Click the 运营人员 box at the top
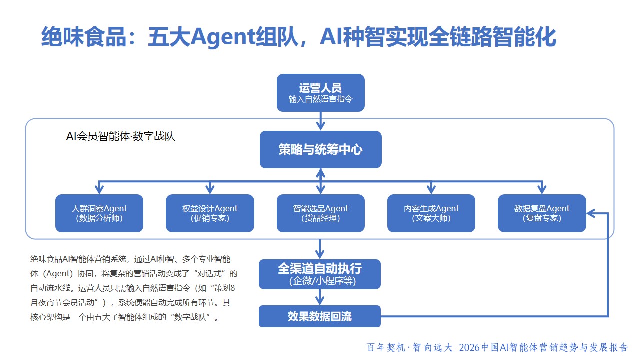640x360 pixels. (x=320, y=92)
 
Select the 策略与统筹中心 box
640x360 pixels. (x=320, y=149)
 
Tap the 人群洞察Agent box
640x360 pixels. (x=99, y=213)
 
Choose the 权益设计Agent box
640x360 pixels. (x=210, y=213)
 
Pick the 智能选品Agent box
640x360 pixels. (x=320, y=213)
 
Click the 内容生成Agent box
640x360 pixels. (x=431, y=213)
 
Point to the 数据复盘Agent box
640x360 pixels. (x=542, y=213)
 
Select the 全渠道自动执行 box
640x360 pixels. (x=320, y=274)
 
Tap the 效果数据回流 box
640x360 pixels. (x=320, y=316)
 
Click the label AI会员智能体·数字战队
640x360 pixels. (x=120, y=136)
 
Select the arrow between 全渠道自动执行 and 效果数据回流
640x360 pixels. (x=320, y=297)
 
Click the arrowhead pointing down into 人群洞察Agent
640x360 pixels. (x=99, y=189)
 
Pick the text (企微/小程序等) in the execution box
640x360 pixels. (x=320, y=281)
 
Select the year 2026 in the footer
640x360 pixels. (x=469, y=347)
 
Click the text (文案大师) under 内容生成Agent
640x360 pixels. (x=431, y=218)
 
